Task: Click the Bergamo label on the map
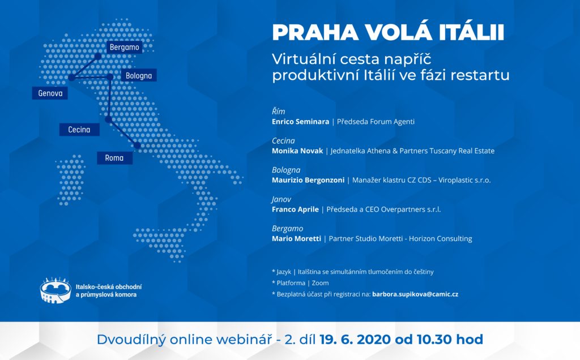[124, 47]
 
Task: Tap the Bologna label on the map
[139, 75]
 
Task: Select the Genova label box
[50, 93]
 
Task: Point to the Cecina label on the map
[79, 130]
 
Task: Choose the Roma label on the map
[114, 158]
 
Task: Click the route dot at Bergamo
[97, 56]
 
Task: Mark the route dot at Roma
[137, 145]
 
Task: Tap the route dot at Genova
[71, 78]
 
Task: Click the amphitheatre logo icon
[56, 290]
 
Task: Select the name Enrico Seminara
[300, 122]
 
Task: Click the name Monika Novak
[297, 151]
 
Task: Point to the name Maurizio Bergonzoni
[308, 180]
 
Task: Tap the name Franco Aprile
[295, 209]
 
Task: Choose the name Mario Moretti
[296, 238]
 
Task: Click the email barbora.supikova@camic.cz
[415, 294]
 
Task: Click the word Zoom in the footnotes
[321, 283]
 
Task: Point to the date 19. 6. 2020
[355, 339]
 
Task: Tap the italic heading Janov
[282, 199]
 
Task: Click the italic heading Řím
[279, 112]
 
